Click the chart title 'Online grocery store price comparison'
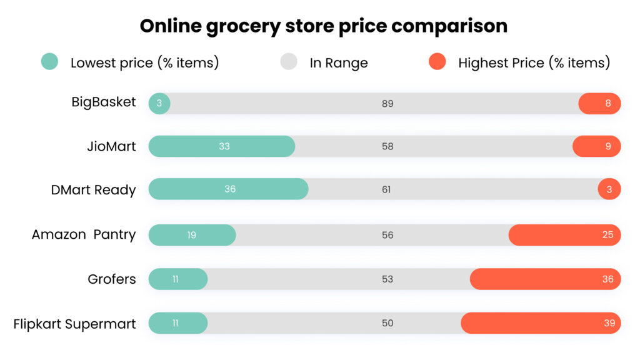tap(323, 26)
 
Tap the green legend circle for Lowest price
tap(49, 61)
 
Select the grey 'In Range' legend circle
tap(288, 61)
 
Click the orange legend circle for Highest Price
tap(437, 61)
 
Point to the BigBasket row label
tap(103, 102)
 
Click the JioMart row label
tap(111, 146)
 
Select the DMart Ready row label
tap(93, 189)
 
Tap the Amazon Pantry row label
tap(84, 234)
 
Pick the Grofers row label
tap(111, 279)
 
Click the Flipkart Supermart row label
tap(74, 324)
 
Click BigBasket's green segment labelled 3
tap(159, 104)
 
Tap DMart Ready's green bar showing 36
tap(228, 189)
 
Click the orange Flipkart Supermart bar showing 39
tap(541, 323)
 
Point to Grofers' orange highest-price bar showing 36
tap(545, 279)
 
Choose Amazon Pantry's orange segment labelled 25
tap(564, 235)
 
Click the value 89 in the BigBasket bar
tap(387, 104)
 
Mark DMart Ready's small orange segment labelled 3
tap(609, 189)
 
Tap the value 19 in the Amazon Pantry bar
tap(192, 235)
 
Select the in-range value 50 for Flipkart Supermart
tap(387, 323)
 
